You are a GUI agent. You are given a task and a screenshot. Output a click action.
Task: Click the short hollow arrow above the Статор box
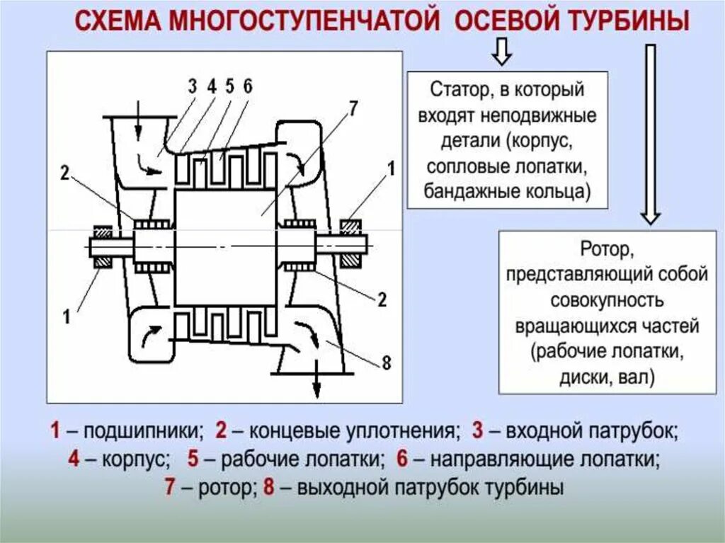[501, 52]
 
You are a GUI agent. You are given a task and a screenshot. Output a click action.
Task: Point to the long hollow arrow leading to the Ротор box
[649, 135]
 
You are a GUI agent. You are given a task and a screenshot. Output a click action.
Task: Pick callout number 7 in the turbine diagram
[353, 108]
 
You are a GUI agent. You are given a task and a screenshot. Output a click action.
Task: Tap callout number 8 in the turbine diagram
[386, 363]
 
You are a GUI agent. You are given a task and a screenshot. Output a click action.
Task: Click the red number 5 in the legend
[193, 459]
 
